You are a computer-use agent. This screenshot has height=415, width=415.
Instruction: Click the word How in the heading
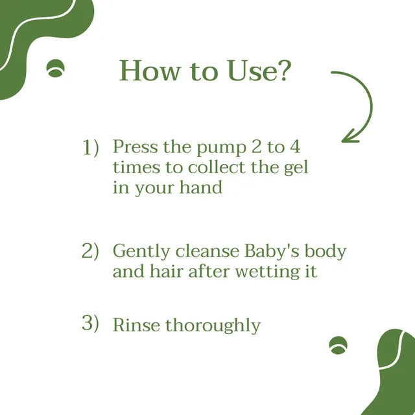point(150,71)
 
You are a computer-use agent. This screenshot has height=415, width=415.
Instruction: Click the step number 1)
point(91,147)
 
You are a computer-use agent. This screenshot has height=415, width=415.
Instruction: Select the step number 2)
point(90,251)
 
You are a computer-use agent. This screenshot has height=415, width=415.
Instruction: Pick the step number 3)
point(90,324)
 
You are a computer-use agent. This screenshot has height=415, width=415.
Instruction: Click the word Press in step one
point(136,147)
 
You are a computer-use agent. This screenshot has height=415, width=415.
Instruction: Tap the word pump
point(221,148)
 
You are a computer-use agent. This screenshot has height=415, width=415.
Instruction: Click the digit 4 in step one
point(295,147)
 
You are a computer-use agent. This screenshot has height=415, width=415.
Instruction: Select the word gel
point(296,168)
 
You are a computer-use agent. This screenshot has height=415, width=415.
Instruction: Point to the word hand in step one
point(201,187)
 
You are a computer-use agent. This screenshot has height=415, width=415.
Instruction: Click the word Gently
point(141,251)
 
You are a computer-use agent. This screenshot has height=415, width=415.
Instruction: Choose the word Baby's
point(272,250)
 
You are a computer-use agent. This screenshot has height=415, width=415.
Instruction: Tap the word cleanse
point(207,251)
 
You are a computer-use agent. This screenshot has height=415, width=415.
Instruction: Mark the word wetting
point(267,272)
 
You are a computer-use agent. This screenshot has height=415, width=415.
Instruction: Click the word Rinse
point(136,325)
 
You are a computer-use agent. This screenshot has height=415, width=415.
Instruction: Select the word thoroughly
point(213,326)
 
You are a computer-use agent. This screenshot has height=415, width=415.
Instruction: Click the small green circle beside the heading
point(55,68)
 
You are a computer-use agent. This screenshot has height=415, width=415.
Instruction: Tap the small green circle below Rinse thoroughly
point(338,345)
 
